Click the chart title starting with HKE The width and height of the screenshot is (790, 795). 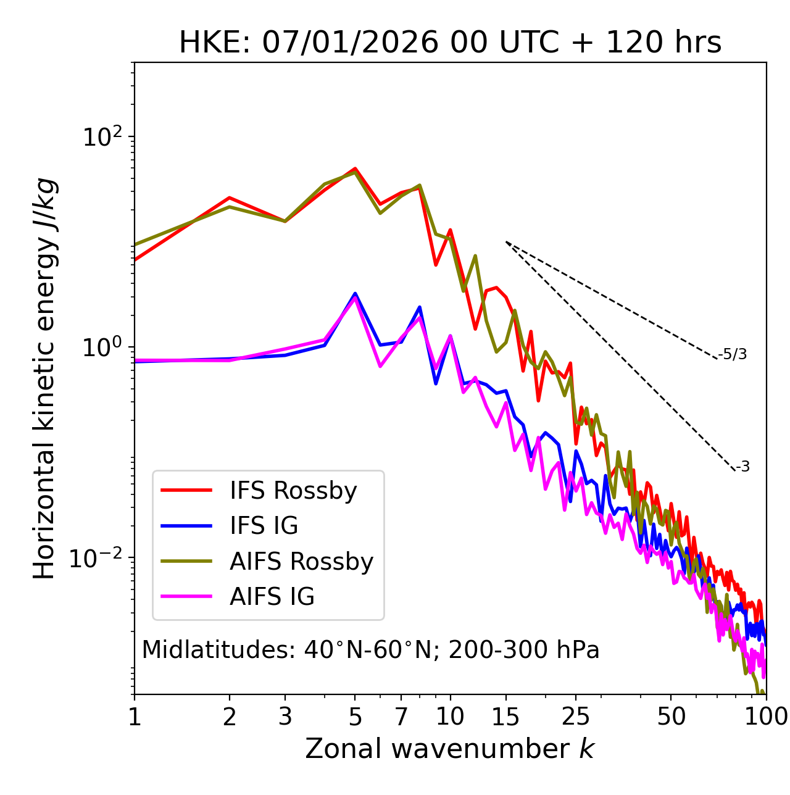(x=450, y=43)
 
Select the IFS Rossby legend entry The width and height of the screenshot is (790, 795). (x=293, y=491)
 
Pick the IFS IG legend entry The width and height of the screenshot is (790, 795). (x=264, y=526)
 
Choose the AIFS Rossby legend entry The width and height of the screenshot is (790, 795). (x=301, y=562)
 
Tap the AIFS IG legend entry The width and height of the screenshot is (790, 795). (x=272, y=597)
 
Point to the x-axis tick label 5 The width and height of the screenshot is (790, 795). (x=355, y=717)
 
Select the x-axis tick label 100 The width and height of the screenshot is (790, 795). (x=765, y=717)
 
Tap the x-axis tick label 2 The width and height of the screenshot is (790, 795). (x=230, y=717)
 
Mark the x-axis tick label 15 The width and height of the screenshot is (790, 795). (x=505, y=717)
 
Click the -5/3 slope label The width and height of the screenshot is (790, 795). (x=733, y=354)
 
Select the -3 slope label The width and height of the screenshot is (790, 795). (x=743, y=467)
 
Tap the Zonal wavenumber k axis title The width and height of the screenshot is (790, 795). (x=450, y=749)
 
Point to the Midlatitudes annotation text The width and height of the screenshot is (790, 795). (x=370, y=650)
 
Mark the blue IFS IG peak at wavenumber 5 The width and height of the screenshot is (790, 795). (x=355, y=294)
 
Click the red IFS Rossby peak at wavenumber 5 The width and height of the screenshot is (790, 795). (x=355, y=169)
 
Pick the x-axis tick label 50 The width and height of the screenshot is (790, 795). (x=671, y=717)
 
